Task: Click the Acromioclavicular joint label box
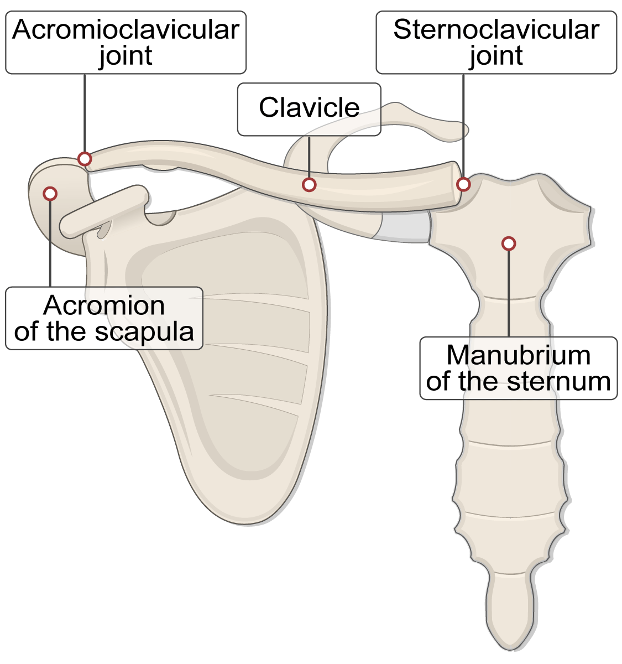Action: [x=126, y=43]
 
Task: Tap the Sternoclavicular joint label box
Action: [x=496, y=43]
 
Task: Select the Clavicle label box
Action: [x=309, y=108]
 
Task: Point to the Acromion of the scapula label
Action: [x=104, y=318]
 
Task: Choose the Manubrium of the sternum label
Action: [x=518, y=368]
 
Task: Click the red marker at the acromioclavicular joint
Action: [x=85, y=159]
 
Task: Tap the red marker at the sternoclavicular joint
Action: [x=463, y=184]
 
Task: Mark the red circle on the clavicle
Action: [x=309, y=184]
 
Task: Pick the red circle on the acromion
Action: [x=50, y=193]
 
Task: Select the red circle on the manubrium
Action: [x=509, y=243]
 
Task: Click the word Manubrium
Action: [x=518, y=355]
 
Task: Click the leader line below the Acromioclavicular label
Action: [x=85, y=113]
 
